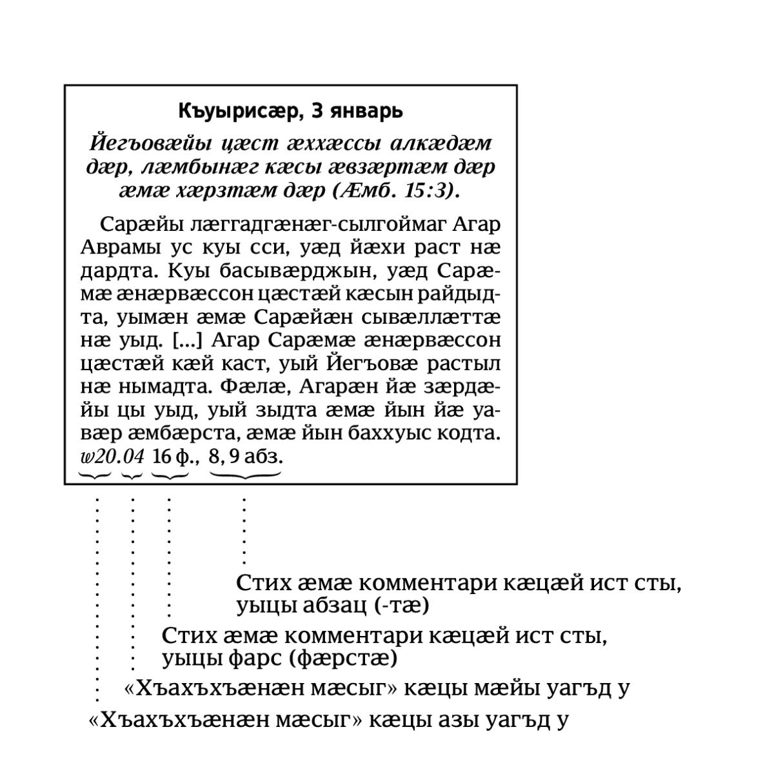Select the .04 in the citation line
coord(132,457)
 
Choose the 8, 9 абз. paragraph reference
coord(246,457)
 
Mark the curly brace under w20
coord(95,476)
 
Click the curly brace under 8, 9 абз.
coord(245,476)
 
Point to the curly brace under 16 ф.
coord(170,476)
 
